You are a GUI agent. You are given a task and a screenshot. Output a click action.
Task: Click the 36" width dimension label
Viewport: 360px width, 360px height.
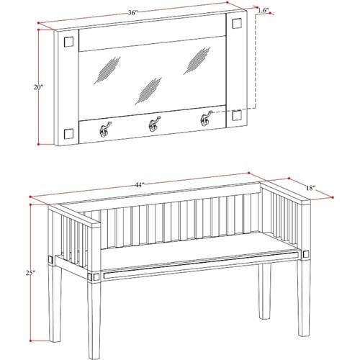tap(132, 12)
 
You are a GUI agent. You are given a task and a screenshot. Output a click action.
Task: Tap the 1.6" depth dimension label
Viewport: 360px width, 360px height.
tap(264, 10)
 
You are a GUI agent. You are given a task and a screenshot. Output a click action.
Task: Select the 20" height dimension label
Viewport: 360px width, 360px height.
tap(38, 87)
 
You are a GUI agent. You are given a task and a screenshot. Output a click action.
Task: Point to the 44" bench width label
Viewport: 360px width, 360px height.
tap(140, 185)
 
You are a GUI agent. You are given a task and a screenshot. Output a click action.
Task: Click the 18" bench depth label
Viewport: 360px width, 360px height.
tap(310, 188)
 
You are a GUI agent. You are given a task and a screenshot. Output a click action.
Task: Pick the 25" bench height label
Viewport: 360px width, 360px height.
tap(31, 273)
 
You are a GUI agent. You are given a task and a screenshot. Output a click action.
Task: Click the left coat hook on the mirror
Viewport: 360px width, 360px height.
tap(105, 129)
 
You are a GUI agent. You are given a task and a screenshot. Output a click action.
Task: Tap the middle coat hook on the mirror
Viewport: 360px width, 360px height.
tap(154, 124)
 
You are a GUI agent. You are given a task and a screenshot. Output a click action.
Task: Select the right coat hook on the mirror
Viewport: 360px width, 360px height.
tap(206, 118)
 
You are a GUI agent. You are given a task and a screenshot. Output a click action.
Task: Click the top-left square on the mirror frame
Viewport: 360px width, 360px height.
tap(68, 41)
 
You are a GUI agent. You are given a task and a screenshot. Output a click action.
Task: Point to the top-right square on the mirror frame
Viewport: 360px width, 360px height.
tap(237, 23)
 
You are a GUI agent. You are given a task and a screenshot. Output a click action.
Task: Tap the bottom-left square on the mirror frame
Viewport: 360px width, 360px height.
tap(68, 134)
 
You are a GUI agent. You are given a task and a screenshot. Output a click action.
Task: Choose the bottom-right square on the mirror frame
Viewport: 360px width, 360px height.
tap(237, 115)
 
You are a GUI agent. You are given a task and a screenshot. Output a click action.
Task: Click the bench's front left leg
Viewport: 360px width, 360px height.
tap(94, 317)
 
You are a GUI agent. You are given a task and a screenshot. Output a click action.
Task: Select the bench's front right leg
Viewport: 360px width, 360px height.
tap(304, 297)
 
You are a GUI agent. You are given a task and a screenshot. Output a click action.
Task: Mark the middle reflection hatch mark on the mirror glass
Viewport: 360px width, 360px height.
tap(148, 91)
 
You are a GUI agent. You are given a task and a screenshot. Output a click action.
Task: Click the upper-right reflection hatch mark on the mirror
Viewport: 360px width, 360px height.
tap(197, 60)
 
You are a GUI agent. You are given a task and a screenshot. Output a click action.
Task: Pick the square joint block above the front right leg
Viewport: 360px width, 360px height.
tap(306, 254)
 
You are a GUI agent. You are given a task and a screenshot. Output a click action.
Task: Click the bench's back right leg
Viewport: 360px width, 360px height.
tap(265, 291)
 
